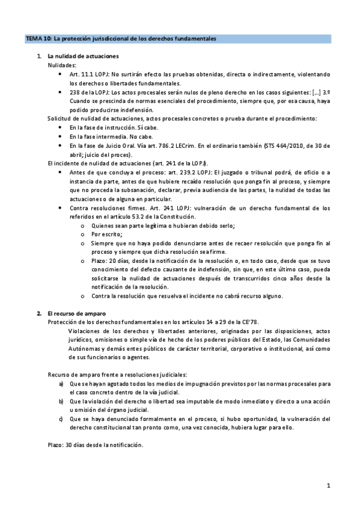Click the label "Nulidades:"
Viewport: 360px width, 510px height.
pos(63,64)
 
